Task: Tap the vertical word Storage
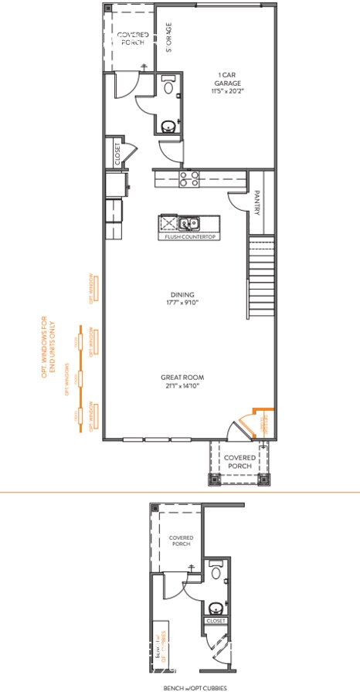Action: (168, 36)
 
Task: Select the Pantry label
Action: (257, 203)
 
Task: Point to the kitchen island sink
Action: (188, 224)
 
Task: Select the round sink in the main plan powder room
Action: (168, 125)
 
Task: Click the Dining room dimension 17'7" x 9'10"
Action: (182, 303)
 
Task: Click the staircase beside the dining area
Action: (260, 279)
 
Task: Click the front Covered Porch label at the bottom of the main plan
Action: (238, 461)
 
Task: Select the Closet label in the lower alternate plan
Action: (216, 620)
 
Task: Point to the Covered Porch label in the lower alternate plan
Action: (182, 540)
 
